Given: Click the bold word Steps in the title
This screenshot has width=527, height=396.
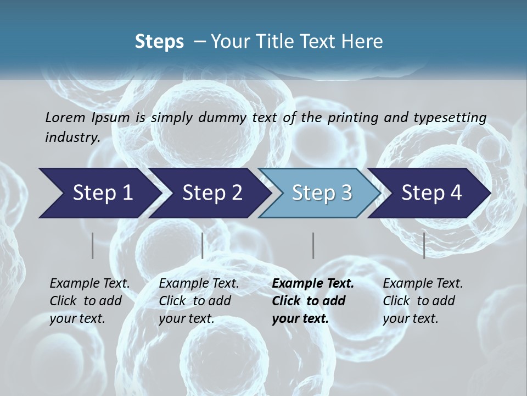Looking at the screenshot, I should (159, 42).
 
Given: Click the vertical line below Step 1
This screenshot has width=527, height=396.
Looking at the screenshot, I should (93, 245).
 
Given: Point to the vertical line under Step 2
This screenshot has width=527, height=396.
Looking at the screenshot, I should (203, 245).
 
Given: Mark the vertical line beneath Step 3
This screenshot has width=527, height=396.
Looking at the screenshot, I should (313, 245).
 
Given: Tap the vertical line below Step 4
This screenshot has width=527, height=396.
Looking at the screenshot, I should (424, 245).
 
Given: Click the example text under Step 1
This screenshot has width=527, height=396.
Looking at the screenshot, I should (89, 301).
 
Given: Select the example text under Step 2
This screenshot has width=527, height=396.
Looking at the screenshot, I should (199, 301).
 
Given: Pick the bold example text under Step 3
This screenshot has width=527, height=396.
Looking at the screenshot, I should (312, 301).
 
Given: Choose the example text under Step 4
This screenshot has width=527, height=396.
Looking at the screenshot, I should (423, 301).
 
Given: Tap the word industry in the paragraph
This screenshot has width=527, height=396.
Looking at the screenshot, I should (72, 137).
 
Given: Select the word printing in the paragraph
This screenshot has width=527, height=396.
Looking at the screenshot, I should (353, 118).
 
